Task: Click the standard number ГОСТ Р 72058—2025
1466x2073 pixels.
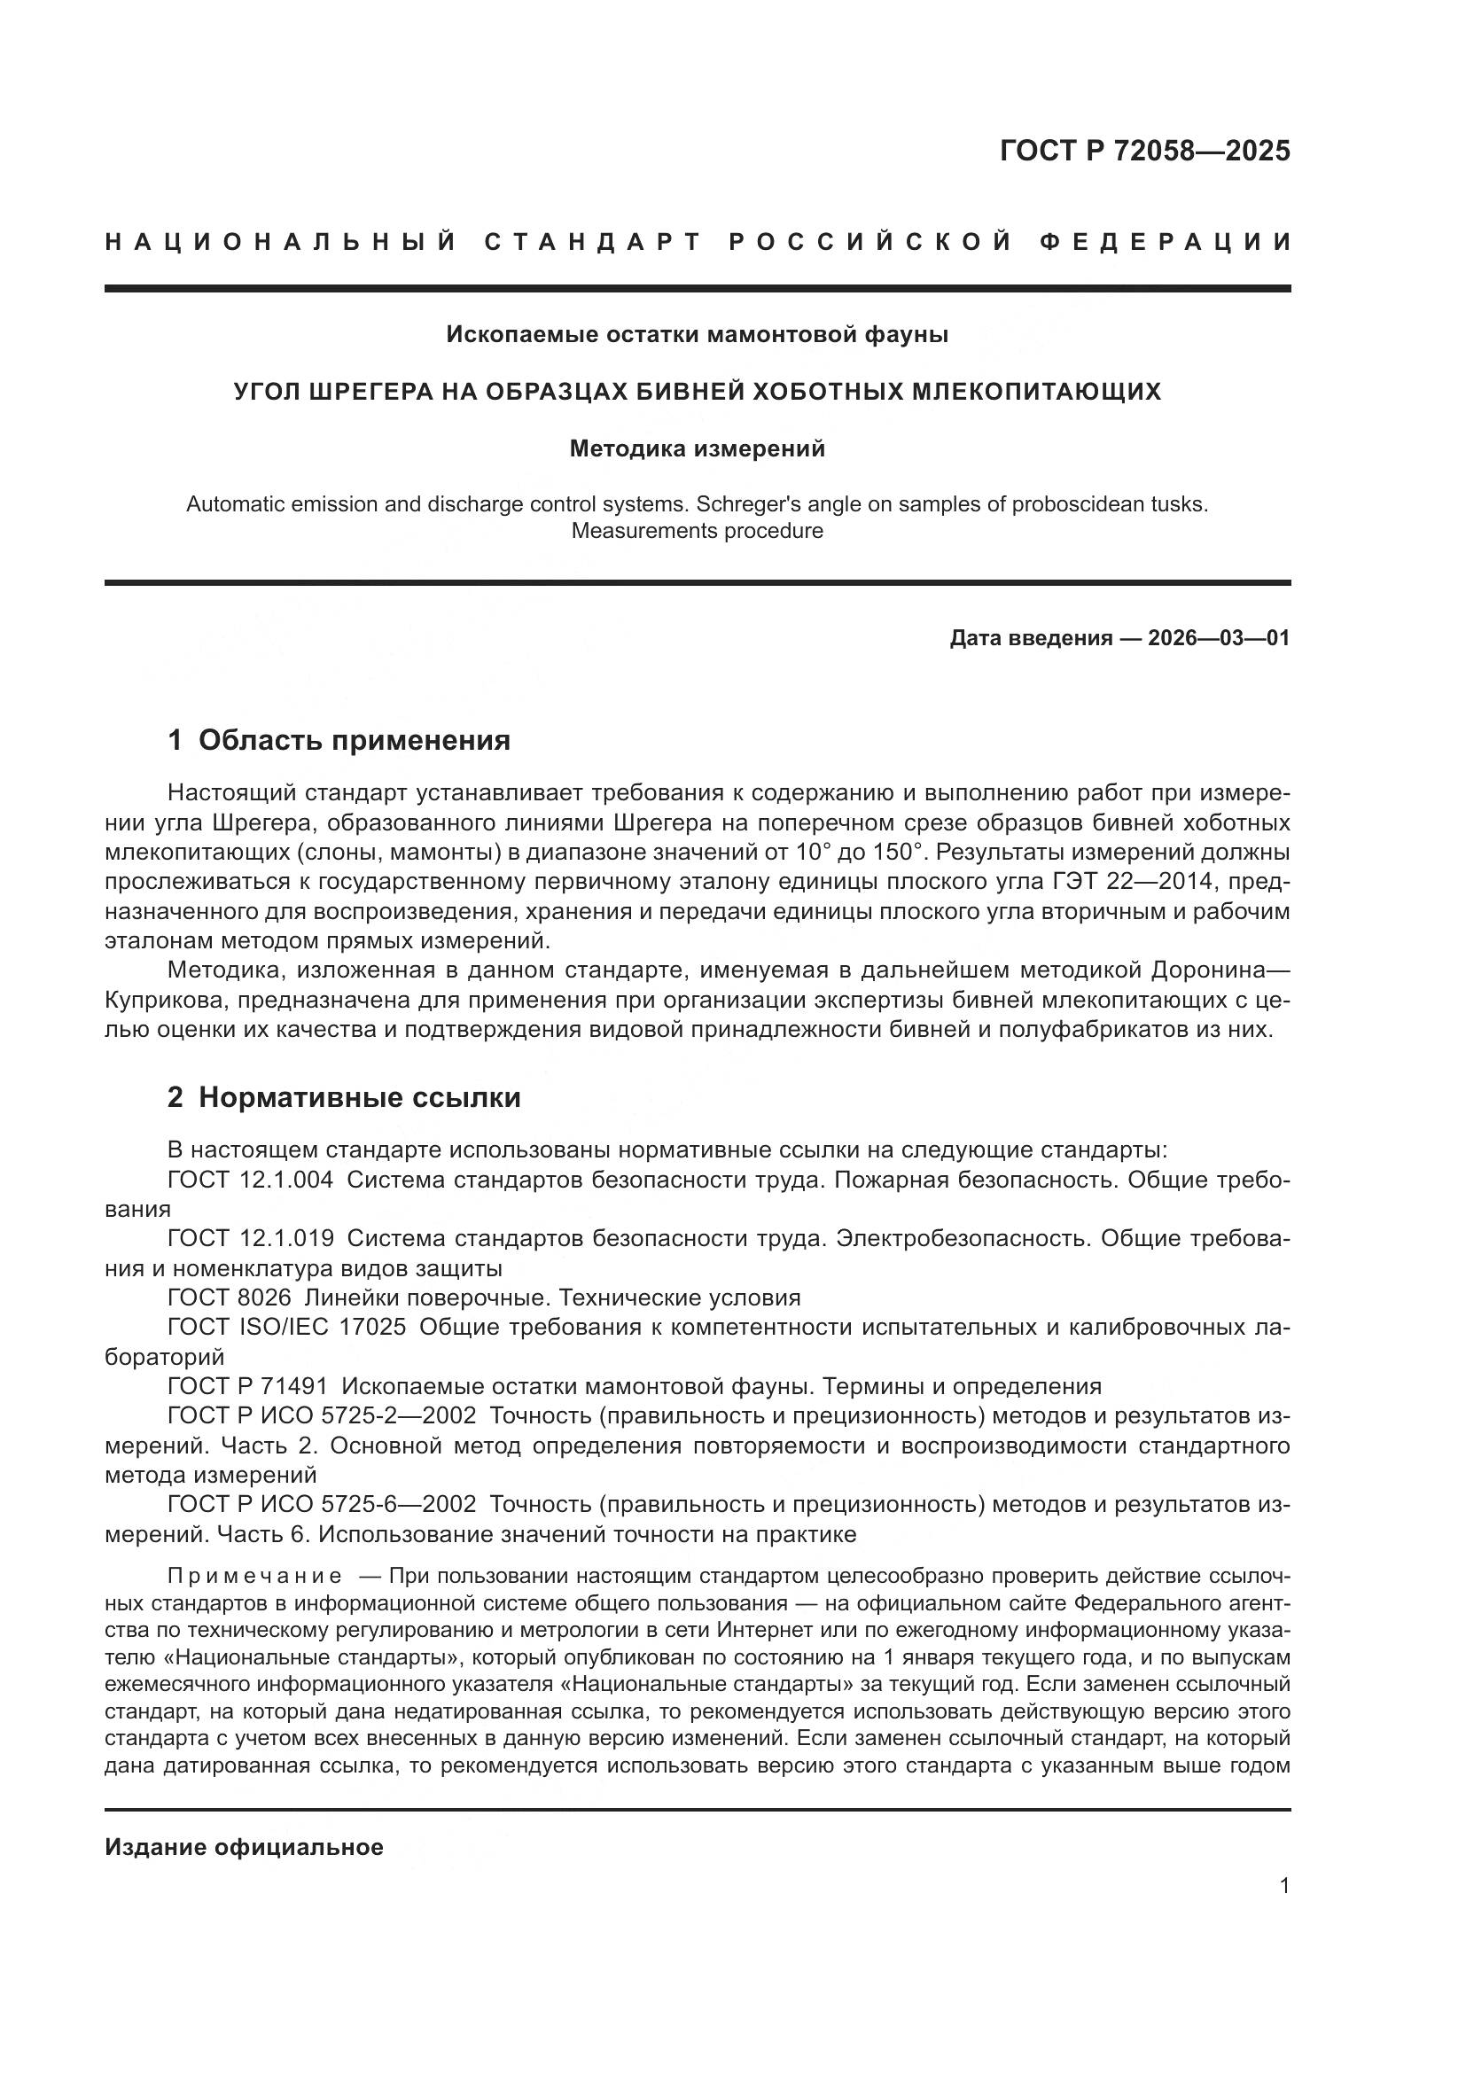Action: [x=1144, y=151]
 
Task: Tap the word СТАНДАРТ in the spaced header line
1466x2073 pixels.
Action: [x=593, y=242]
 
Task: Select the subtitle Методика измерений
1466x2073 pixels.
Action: [x=697, y=448]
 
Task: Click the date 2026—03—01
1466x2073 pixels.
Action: [x=1219, y=638]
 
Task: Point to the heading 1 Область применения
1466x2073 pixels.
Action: [x=339, y=740]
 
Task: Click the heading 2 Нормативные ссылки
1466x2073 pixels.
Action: [x=344, y=1098]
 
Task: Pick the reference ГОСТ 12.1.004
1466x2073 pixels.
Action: [x=250, y=1179]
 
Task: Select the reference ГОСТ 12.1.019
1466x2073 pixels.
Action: [x=250, y=1239]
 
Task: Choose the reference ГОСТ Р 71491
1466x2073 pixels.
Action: [x=247, y=1387]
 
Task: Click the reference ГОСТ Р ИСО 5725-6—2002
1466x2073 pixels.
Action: [x=322, y=1505]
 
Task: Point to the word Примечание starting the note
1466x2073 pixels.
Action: [x=254, y=1577]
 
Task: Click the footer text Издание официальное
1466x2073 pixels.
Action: [x=244, y=1847]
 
